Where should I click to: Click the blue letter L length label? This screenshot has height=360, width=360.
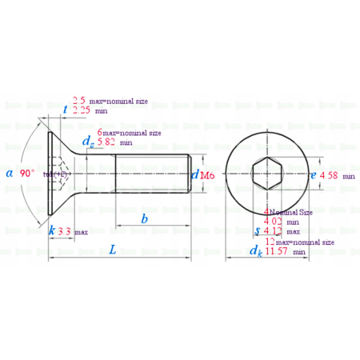[x=112, y=250]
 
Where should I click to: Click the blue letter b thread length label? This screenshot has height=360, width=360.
[x=144, y=218]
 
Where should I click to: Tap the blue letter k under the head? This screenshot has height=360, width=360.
[x=52, y=230]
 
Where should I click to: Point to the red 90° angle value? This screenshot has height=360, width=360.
[x=27, y=173]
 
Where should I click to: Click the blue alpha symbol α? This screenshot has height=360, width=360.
[x=9, y=173]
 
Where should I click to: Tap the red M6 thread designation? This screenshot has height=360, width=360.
[x=207, y=174]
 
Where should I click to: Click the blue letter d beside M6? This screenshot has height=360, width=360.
[x=195, y=174]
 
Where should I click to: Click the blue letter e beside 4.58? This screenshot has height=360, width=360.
[x=313, y=174]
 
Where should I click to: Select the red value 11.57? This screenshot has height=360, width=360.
[x=277, y=251]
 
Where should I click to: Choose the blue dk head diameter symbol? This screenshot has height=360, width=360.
[x=255, y=251]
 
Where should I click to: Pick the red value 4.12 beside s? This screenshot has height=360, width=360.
[x=275, y=232]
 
